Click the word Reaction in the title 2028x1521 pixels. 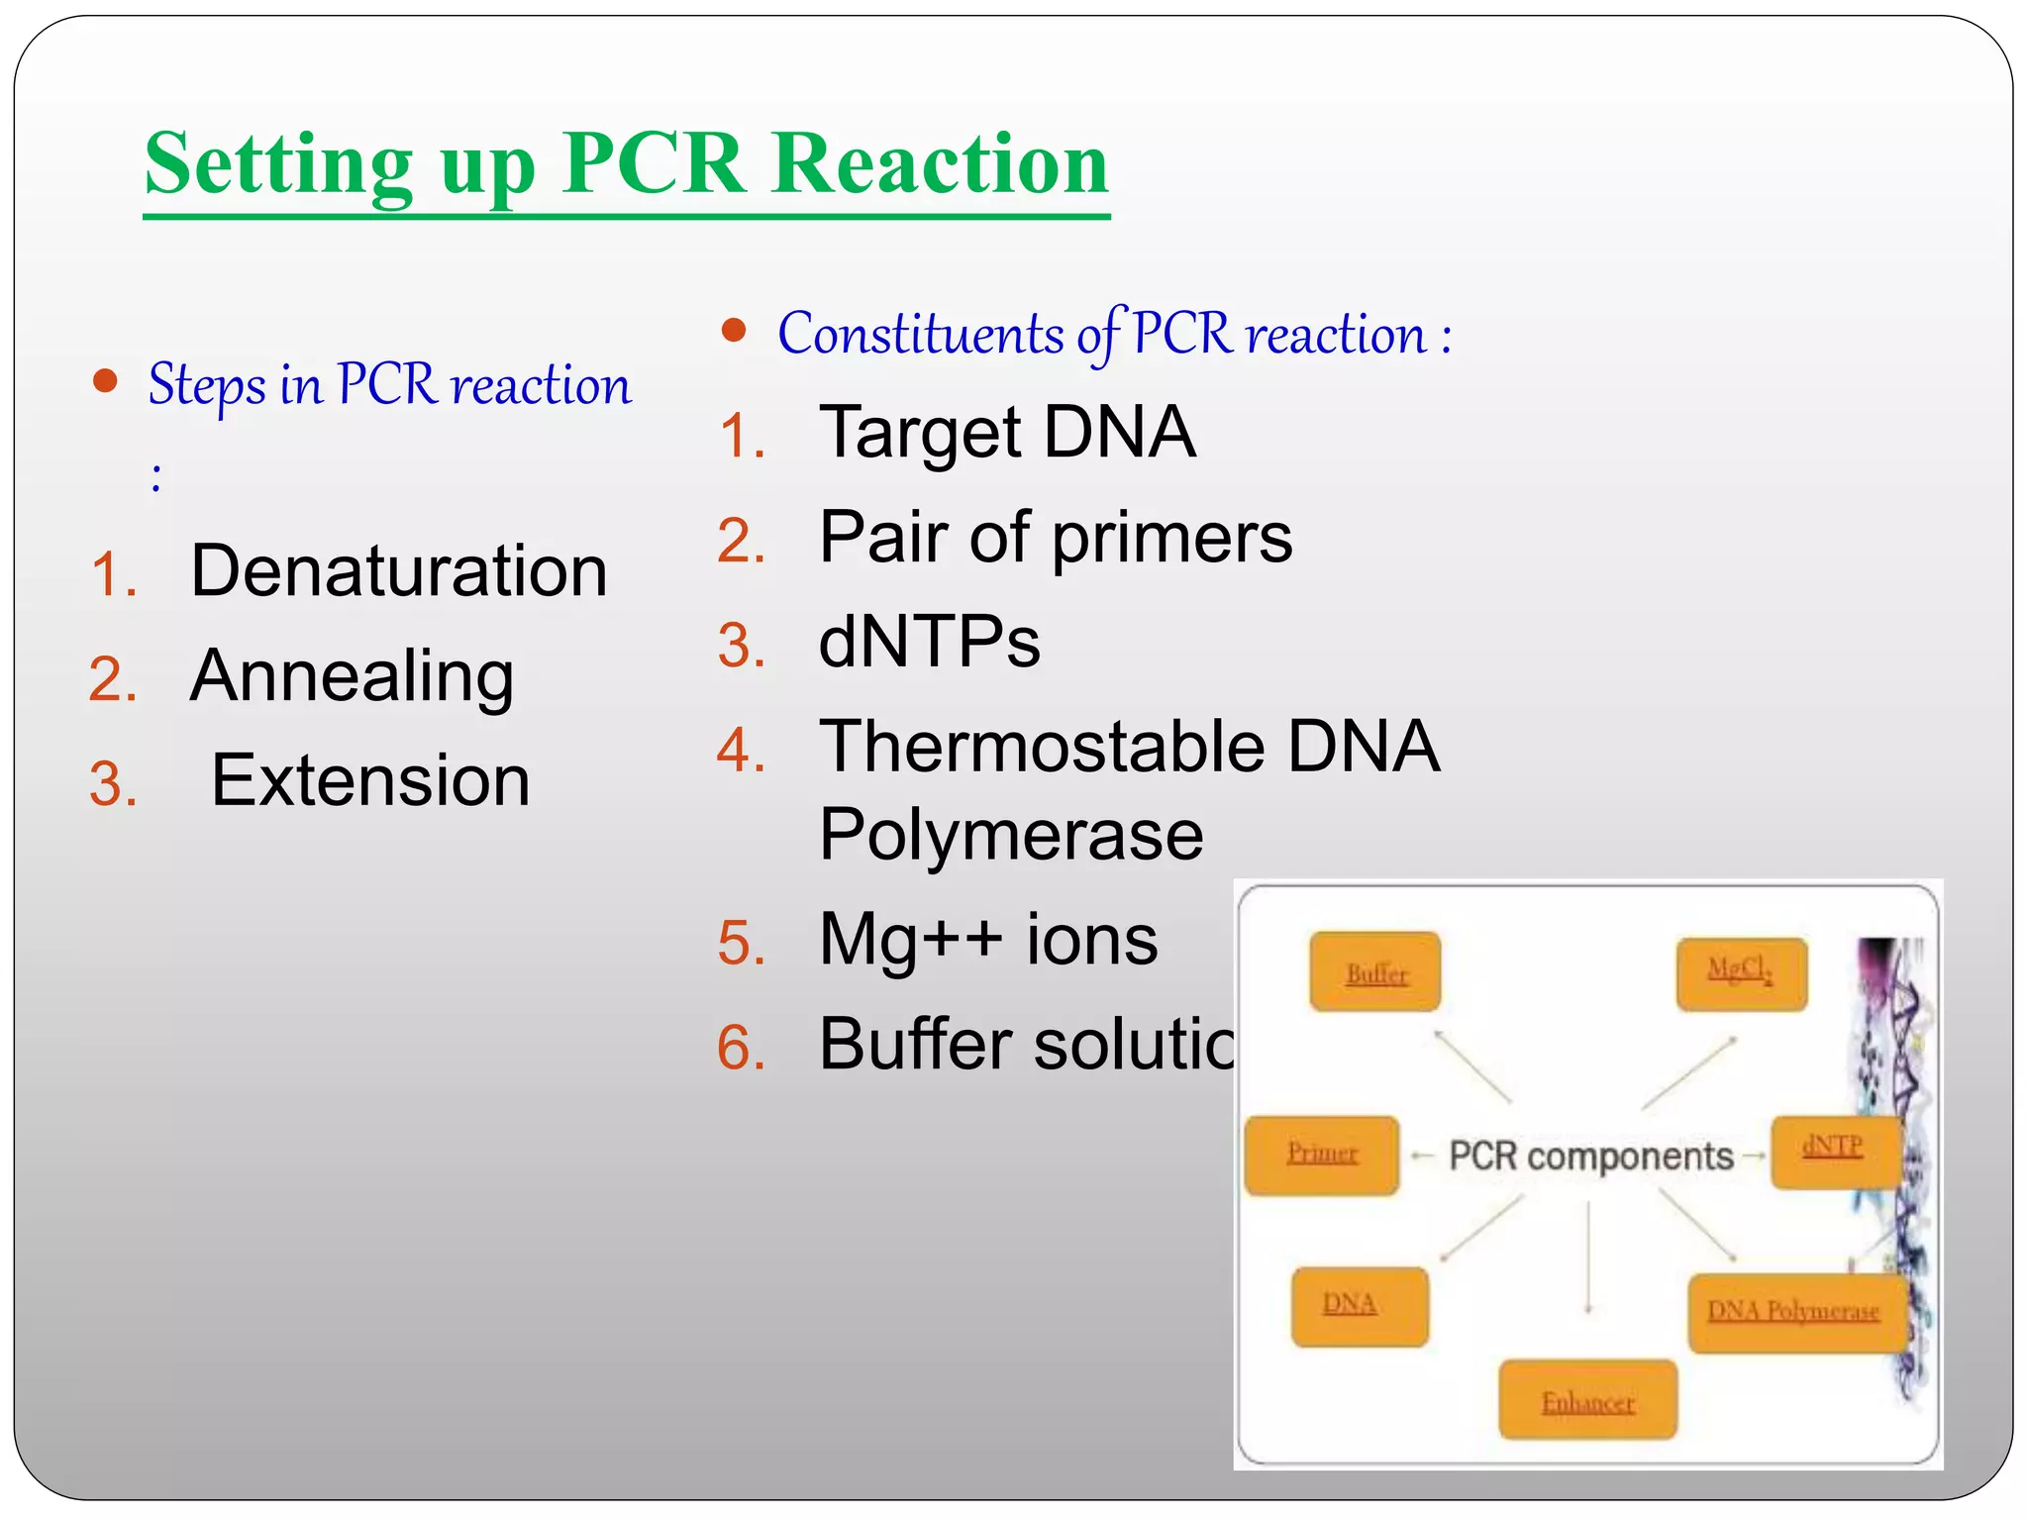[x=939, y=164]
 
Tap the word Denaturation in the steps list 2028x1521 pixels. [x=399, y=572]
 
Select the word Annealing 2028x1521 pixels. [x=352, y=677]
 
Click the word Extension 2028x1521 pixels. [x=370, y=781]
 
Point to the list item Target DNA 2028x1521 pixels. [x=1007, y=434]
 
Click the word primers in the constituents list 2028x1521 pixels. [x=1171, y=539]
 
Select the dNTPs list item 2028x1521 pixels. [x=929, y=643]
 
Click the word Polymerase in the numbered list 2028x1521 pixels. [x=1011, y=835]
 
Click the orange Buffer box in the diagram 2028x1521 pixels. [x=1374, y=971]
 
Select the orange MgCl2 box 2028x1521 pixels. [x=1741, y=974]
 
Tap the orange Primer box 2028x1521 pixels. [x=1322, y=1155]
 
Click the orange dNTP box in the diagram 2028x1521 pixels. [x=1833, y=1151]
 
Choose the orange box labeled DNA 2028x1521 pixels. [x=1360, y=1306]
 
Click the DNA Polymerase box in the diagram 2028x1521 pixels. [x=1794, y=1313]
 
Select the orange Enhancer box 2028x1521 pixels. [x=1587, y=1400]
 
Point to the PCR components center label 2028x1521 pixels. [x=1590, y=1157]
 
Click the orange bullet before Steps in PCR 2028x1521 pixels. [x=105, y=381]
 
